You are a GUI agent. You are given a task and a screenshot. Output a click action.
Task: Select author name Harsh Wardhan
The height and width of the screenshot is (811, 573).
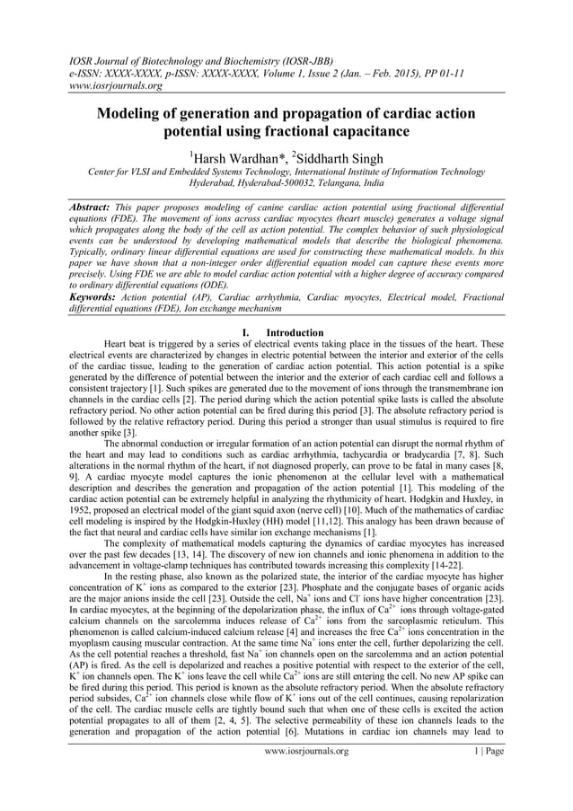[x=234, y=159]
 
